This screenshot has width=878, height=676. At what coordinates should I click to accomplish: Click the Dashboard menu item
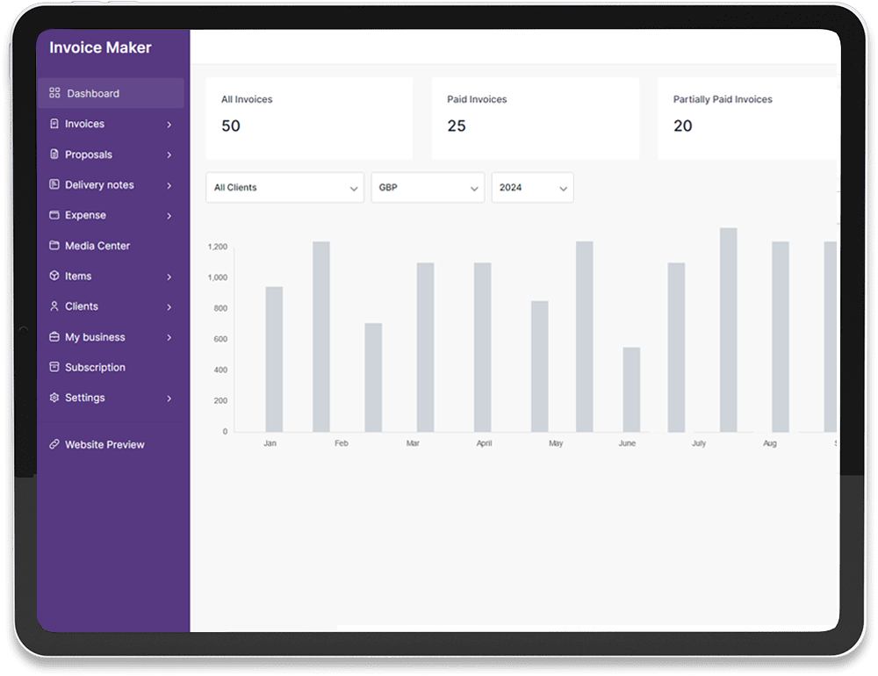[x=92, y=93]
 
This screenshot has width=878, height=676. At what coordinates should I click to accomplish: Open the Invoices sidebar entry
[x=84, y=124]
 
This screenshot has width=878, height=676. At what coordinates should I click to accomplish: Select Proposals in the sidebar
[x=89, y=155]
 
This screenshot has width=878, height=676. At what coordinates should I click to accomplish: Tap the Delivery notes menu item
[x=99, y=185]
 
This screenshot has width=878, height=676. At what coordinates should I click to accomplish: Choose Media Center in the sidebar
[x=97, y=246]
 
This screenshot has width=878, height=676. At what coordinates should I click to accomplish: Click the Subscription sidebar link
[x=95, y=367]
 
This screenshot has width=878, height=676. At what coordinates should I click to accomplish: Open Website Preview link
[x=104, y=444]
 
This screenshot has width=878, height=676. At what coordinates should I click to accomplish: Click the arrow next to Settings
[x=169, y=399]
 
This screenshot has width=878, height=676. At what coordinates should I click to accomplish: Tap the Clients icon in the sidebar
[x=54, y=306]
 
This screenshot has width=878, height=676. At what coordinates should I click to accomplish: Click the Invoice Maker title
[x=100, y=47]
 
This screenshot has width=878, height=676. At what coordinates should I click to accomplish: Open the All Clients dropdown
[x=284, y=188]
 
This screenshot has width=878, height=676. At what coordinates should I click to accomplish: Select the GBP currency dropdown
[x=428, y=188]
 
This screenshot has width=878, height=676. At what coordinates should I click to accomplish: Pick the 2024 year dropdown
[x=532, y=188]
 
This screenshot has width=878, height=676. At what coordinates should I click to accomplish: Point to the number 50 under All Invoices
[x=231, y=126]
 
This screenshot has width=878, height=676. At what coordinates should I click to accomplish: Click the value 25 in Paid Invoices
[x=457, y=126]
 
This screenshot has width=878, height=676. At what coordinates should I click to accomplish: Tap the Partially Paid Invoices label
[x=723, y=99]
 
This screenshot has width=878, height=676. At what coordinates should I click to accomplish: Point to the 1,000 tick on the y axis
[x=217, y=277]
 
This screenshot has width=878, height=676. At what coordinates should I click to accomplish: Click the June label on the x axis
[x=627, y=443]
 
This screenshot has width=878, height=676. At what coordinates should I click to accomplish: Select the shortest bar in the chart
[x=631, y=390]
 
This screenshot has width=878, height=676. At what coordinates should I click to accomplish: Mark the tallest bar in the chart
[x=728, y=330]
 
